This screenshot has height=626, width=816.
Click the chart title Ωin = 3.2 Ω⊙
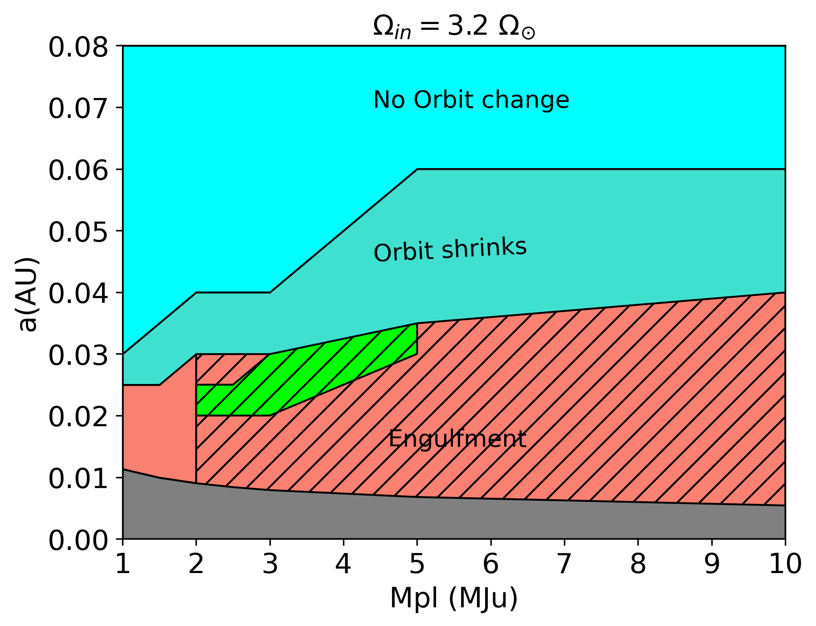click(x=453, y=28)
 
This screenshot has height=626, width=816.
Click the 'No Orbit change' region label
click(x=471, y=100)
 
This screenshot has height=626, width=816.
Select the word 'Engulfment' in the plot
click(x=457, y=439)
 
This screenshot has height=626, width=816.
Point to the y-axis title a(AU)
click(x=28, y=294)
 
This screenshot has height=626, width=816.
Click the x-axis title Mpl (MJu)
click(x=453, y=598)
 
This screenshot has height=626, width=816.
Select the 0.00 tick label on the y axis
click(x=78, y=540)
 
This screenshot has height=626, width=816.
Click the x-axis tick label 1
click(x=123, y=564)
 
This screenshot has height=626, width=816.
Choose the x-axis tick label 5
click(x=417, y=564)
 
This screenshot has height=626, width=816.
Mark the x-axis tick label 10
click(x=785, y=564)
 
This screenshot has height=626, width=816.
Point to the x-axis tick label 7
click(x=564, y=564)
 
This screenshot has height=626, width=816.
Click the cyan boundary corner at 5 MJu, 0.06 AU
click(x=417, y=170)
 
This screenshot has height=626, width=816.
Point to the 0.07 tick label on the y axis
click(x=78, y=108)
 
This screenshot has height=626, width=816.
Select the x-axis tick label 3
click(x=270, y=564)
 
